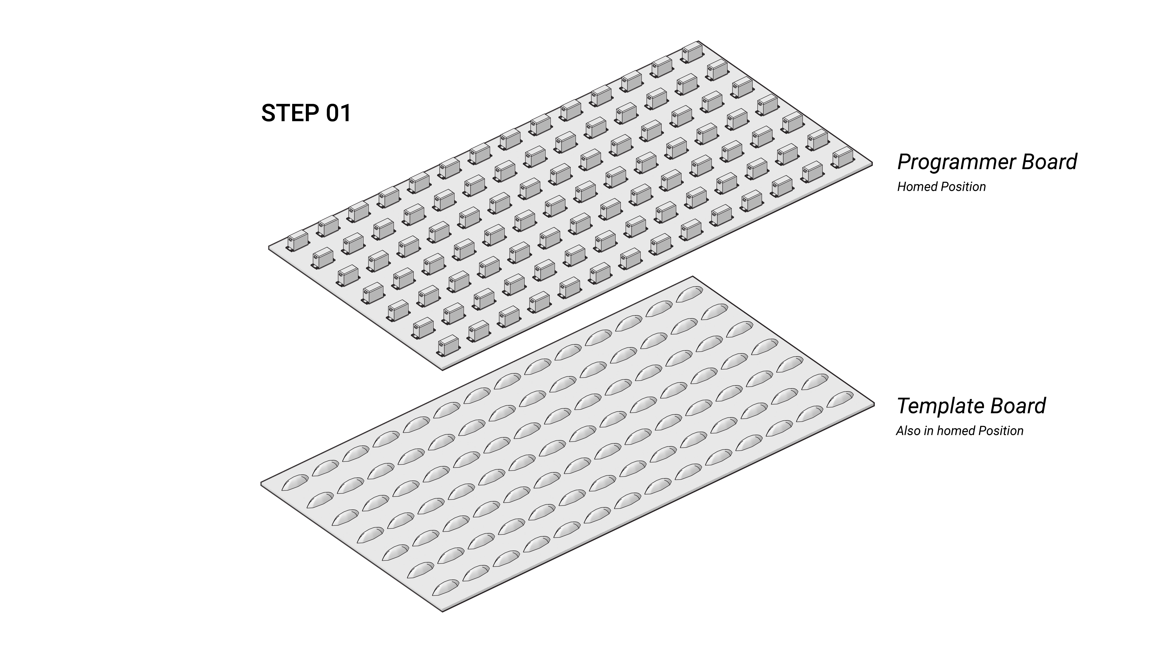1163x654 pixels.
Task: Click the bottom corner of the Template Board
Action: point(442,612)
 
